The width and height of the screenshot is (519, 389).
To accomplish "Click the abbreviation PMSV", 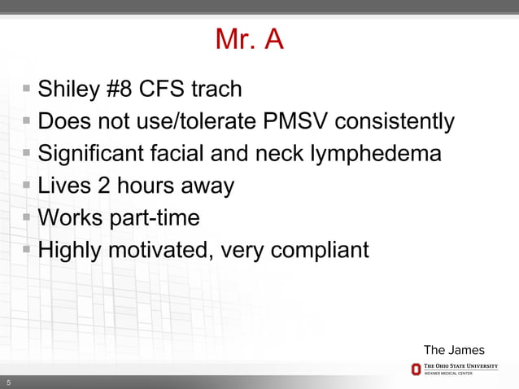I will click(x=294, y=121).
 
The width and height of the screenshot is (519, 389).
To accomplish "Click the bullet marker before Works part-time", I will click(x=28, y=217).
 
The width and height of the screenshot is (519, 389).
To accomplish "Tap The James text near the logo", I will click(x=453, y=350).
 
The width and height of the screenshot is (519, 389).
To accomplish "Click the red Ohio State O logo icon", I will click(x=416, y=369).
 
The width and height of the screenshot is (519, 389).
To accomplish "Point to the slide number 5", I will click(x=9, y=382).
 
